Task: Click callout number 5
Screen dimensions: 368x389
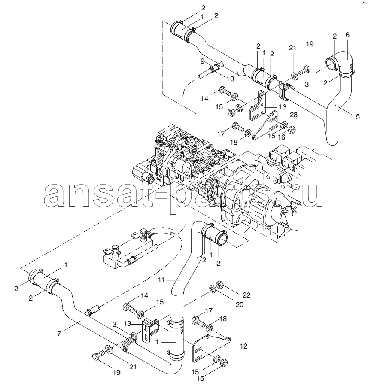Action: [x=358, y=116]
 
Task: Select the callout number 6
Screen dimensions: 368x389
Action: [x=347, y=35]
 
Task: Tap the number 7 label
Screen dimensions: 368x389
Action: [x=59, y=334]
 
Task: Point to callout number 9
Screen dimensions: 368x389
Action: [x=203, y=61]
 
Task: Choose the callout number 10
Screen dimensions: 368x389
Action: [x=230, y=79]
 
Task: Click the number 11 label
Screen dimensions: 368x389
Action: [x=161, y=280]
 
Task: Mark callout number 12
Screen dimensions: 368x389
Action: [x=243, y=346]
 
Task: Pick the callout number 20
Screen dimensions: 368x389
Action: [x=240, y=304]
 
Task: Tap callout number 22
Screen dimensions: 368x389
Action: [x=246, y=295]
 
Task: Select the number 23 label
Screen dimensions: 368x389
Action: [x=294, y=115]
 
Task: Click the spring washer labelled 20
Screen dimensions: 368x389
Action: [x=212, y=289]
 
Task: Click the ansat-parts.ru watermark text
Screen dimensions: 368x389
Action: [x=184, y=195]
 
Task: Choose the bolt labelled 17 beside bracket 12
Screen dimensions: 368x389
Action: [x=199, y=321]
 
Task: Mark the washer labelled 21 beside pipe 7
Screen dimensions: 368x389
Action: [x=109, y=349]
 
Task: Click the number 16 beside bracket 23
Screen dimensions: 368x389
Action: [x=282, y=137]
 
